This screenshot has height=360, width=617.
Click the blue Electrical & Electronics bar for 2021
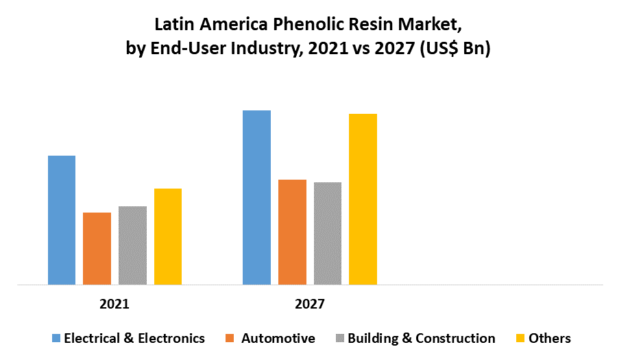pyautogui.click(x=62, y=219)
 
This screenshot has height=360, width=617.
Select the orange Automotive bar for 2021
pyautogui.click(x=97, y=248)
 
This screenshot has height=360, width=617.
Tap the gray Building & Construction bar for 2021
pyautogui.click(x=132, y=245)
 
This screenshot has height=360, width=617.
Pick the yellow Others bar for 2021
pyautogui.click(x=168, y=236)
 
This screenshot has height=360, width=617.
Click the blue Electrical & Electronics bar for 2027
pyautogui.click(x=256, y=197)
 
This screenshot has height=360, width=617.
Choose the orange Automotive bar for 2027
pyautogui.click(x=292, y=232)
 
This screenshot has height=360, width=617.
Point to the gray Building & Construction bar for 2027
pyautogui.click(x=328, y=233)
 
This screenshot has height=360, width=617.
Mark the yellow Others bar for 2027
pyautogui.click(x=363, y=199)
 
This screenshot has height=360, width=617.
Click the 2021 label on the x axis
pyautogui.click(x=114, y=303)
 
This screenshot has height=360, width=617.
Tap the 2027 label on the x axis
pyautogui.click(x=310, y=303)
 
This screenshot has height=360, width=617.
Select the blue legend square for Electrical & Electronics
pyautogui.click(x=57, y=338)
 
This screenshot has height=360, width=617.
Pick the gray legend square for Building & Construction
pyautogui.click(x=339, y=338)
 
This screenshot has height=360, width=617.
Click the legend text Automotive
pyautogui.click(x=278, y=338)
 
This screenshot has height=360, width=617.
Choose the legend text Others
pyautogui.click(x=550, y=338)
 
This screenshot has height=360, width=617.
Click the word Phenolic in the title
pyautogui.click(x=302, y=25)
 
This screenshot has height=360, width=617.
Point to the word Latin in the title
pyautogui.click(x=171, y=25)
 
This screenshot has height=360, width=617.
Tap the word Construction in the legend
pyautogui.click(x=455, y=338)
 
